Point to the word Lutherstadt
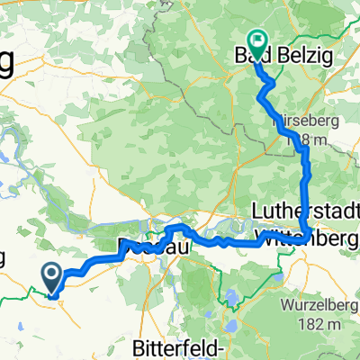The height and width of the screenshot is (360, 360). click(x=310, y=208)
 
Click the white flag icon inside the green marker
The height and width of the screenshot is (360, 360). click(x=257, y=40)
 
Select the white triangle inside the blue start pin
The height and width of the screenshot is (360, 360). click(x=52, y=271)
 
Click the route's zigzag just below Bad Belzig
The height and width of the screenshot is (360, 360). click(x=267, y=83)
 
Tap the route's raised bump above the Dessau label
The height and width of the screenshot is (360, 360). click(x=175, y=227)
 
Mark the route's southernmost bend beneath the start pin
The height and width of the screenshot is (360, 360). click(x=53, y=293)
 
